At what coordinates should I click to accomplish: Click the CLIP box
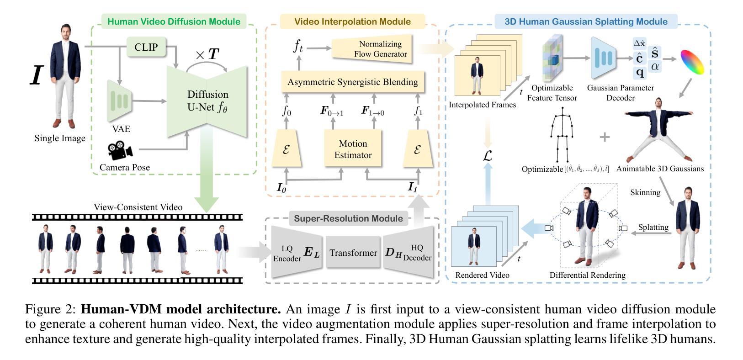coord(146,47)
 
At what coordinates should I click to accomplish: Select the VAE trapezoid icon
coord(119,101)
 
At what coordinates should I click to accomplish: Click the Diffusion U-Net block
coord(207,101)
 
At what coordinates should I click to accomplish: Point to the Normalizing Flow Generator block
coord(372,48)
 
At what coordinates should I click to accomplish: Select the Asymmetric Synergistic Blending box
coord(352,82)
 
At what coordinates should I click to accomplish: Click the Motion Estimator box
coord(353,149)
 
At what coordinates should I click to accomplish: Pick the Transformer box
coord(353,252)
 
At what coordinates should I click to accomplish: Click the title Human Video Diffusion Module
coord(174,21)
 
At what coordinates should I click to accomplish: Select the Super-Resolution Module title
coord(348,218)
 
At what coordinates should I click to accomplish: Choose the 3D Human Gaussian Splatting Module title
coord(586,21)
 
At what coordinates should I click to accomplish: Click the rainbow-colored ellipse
coord(692,62)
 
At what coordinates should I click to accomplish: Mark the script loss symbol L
coord(488,156)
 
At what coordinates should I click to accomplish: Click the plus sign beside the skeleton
coord(604,137)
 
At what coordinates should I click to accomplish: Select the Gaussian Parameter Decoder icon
coord(604,58)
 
